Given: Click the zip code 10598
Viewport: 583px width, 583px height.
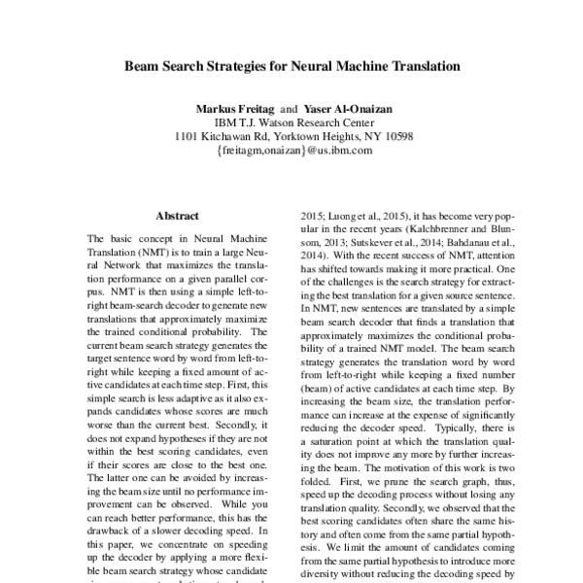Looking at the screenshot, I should point(394,137).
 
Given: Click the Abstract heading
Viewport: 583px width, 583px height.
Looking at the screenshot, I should point(177,216).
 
